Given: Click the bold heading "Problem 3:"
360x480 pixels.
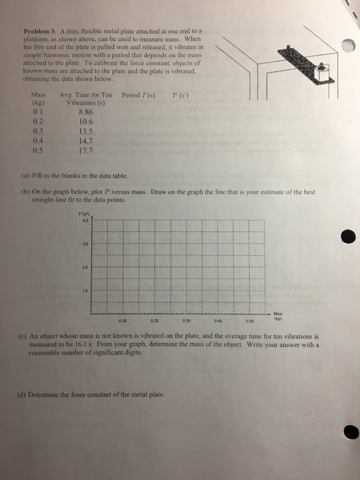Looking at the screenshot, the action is (x=38, y=32).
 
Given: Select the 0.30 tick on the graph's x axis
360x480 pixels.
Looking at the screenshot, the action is (x=187, y=320).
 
